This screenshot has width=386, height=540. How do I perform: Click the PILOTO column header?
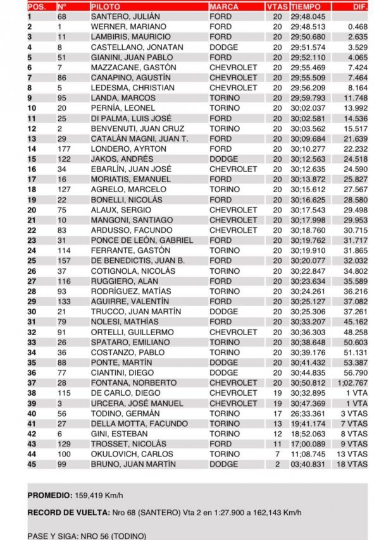(104, 6)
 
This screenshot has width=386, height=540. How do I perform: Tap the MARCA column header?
(223, 6)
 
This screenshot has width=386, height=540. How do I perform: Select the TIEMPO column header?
(307, 6)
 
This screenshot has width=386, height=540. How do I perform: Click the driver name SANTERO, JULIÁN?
(125, 16)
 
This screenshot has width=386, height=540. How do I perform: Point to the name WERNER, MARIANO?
(128, 27)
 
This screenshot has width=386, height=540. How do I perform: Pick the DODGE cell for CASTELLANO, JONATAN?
(223, 47)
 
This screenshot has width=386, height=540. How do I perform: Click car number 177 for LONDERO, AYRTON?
(62, 149)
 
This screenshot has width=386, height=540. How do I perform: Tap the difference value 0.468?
(358, 27)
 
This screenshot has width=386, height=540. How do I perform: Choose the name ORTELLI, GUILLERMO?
(132, 332)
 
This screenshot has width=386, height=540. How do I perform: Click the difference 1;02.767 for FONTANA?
(353, 383)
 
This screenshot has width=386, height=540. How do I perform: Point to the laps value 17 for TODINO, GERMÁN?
(277, 414)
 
